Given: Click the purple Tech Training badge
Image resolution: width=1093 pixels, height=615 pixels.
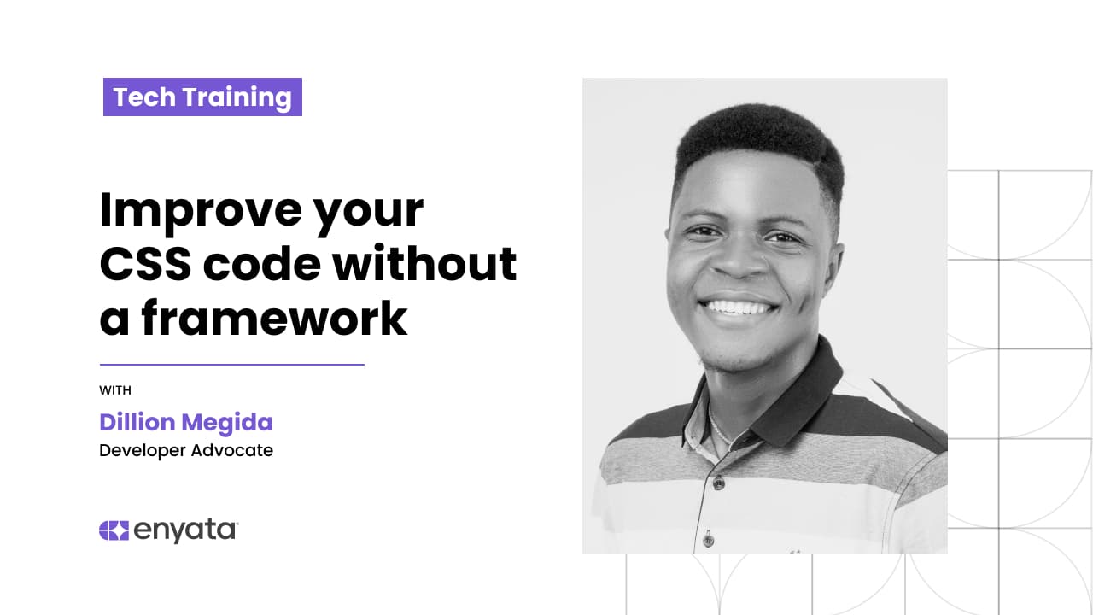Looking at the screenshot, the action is coord(202,97).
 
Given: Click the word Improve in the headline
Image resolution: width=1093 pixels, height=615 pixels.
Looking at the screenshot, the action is coord(201,210).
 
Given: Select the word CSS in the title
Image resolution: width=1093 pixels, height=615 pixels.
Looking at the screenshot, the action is coord(145,264).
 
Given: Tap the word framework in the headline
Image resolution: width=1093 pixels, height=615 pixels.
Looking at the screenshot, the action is coord(274,318).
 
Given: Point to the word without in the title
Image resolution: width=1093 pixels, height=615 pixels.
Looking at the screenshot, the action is coord(424,264).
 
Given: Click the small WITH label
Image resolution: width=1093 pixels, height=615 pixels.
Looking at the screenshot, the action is coord(115,390).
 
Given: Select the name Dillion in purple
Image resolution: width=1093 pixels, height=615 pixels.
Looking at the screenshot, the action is coord(137,422).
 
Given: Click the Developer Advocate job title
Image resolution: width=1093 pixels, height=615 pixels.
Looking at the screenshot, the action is coord(186,450).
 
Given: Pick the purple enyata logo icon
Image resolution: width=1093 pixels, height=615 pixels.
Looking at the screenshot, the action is coord(114,530).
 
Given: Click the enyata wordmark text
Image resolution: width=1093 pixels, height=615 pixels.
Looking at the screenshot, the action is coord(185,530).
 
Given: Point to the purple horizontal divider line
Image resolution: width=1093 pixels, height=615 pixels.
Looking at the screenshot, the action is coord(232,364).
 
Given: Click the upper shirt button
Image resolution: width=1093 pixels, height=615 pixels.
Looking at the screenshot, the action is coord(719,483).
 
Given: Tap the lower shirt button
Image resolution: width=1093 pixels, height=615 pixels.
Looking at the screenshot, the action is coord(709,540).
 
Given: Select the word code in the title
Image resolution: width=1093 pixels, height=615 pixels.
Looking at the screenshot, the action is coord(262,264).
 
